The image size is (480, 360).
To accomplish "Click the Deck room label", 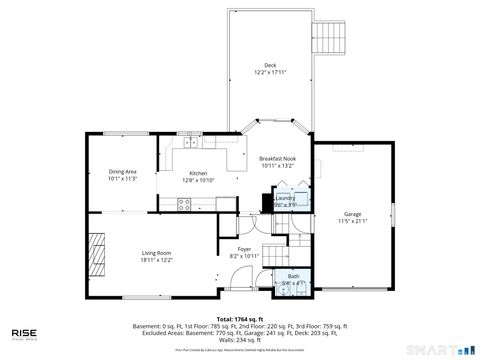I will [269, 65].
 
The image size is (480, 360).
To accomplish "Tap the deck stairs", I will [329, 37].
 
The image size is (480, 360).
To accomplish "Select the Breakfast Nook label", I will [277, 159].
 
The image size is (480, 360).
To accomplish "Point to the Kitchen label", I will [198, 173].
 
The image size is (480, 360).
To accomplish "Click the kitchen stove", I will [184, 204].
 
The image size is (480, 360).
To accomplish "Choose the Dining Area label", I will [123, 173].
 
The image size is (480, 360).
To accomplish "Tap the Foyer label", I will [244, 249].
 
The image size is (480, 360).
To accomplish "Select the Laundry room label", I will [285, 198].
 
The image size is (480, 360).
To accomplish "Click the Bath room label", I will [293, 276].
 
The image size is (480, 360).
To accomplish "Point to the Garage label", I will [352, 213].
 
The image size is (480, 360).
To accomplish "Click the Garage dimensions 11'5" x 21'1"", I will [352, 221].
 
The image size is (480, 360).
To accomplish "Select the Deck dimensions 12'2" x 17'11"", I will [269, 73].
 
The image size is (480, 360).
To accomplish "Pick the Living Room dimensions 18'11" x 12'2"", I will [156, 261].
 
